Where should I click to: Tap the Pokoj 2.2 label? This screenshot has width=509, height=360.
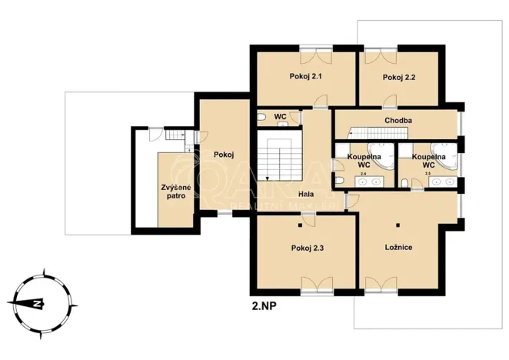(x=399, y=77)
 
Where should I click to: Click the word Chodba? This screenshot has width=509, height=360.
(x=398, y=121)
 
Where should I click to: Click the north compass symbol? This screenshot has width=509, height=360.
(x=35, y=302)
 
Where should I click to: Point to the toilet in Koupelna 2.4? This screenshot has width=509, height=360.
(x=338, y=180)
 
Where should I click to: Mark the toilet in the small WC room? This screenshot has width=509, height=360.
(x=262, y=117)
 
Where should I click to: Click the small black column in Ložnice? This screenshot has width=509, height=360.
(x=399, y=225)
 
